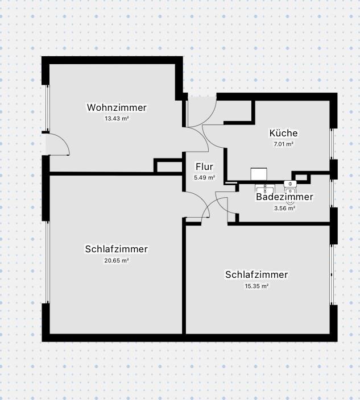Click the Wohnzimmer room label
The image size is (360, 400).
117,107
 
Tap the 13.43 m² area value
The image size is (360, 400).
117,119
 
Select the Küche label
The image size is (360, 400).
283,133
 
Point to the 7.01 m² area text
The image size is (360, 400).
283,144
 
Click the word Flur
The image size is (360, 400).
204,167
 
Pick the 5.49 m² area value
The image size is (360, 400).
204,177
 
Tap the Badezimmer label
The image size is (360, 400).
284,197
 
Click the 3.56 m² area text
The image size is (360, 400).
284,208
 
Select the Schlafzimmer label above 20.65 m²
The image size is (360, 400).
117,249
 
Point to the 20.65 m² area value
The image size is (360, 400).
117,260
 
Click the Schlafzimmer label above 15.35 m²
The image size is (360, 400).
256,275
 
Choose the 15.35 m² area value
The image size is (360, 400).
256,286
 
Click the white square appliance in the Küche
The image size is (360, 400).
259,174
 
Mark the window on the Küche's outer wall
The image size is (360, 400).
332,143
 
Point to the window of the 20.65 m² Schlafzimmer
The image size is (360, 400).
48,261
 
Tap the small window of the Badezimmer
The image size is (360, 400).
332,191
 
